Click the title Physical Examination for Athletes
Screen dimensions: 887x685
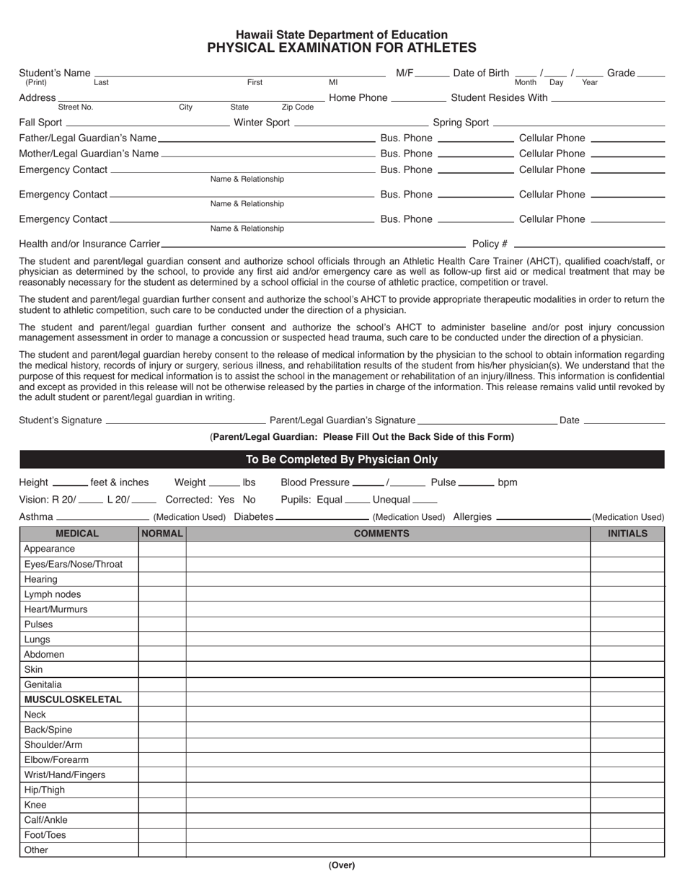342,48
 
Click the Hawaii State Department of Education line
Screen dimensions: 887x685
342,35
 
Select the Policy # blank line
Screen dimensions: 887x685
588,244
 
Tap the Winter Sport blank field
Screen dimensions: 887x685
361,123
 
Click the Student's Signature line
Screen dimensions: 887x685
185,420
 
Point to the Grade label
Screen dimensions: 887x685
621,73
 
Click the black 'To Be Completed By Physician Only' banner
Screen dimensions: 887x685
342,459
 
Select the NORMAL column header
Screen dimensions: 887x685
162,534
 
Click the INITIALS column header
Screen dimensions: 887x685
627,534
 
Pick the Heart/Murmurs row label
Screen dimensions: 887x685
56,609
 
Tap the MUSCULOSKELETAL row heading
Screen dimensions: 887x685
73,700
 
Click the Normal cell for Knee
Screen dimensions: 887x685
162,805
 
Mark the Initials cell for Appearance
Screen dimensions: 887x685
627,549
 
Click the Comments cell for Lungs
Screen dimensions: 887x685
388,640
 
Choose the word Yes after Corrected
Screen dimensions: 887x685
226,500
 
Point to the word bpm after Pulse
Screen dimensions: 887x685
508,482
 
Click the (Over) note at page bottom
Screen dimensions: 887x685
342,865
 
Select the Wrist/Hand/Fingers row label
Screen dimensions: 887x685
64,775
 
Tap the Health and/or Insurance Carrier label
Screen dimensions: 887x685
89,244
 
